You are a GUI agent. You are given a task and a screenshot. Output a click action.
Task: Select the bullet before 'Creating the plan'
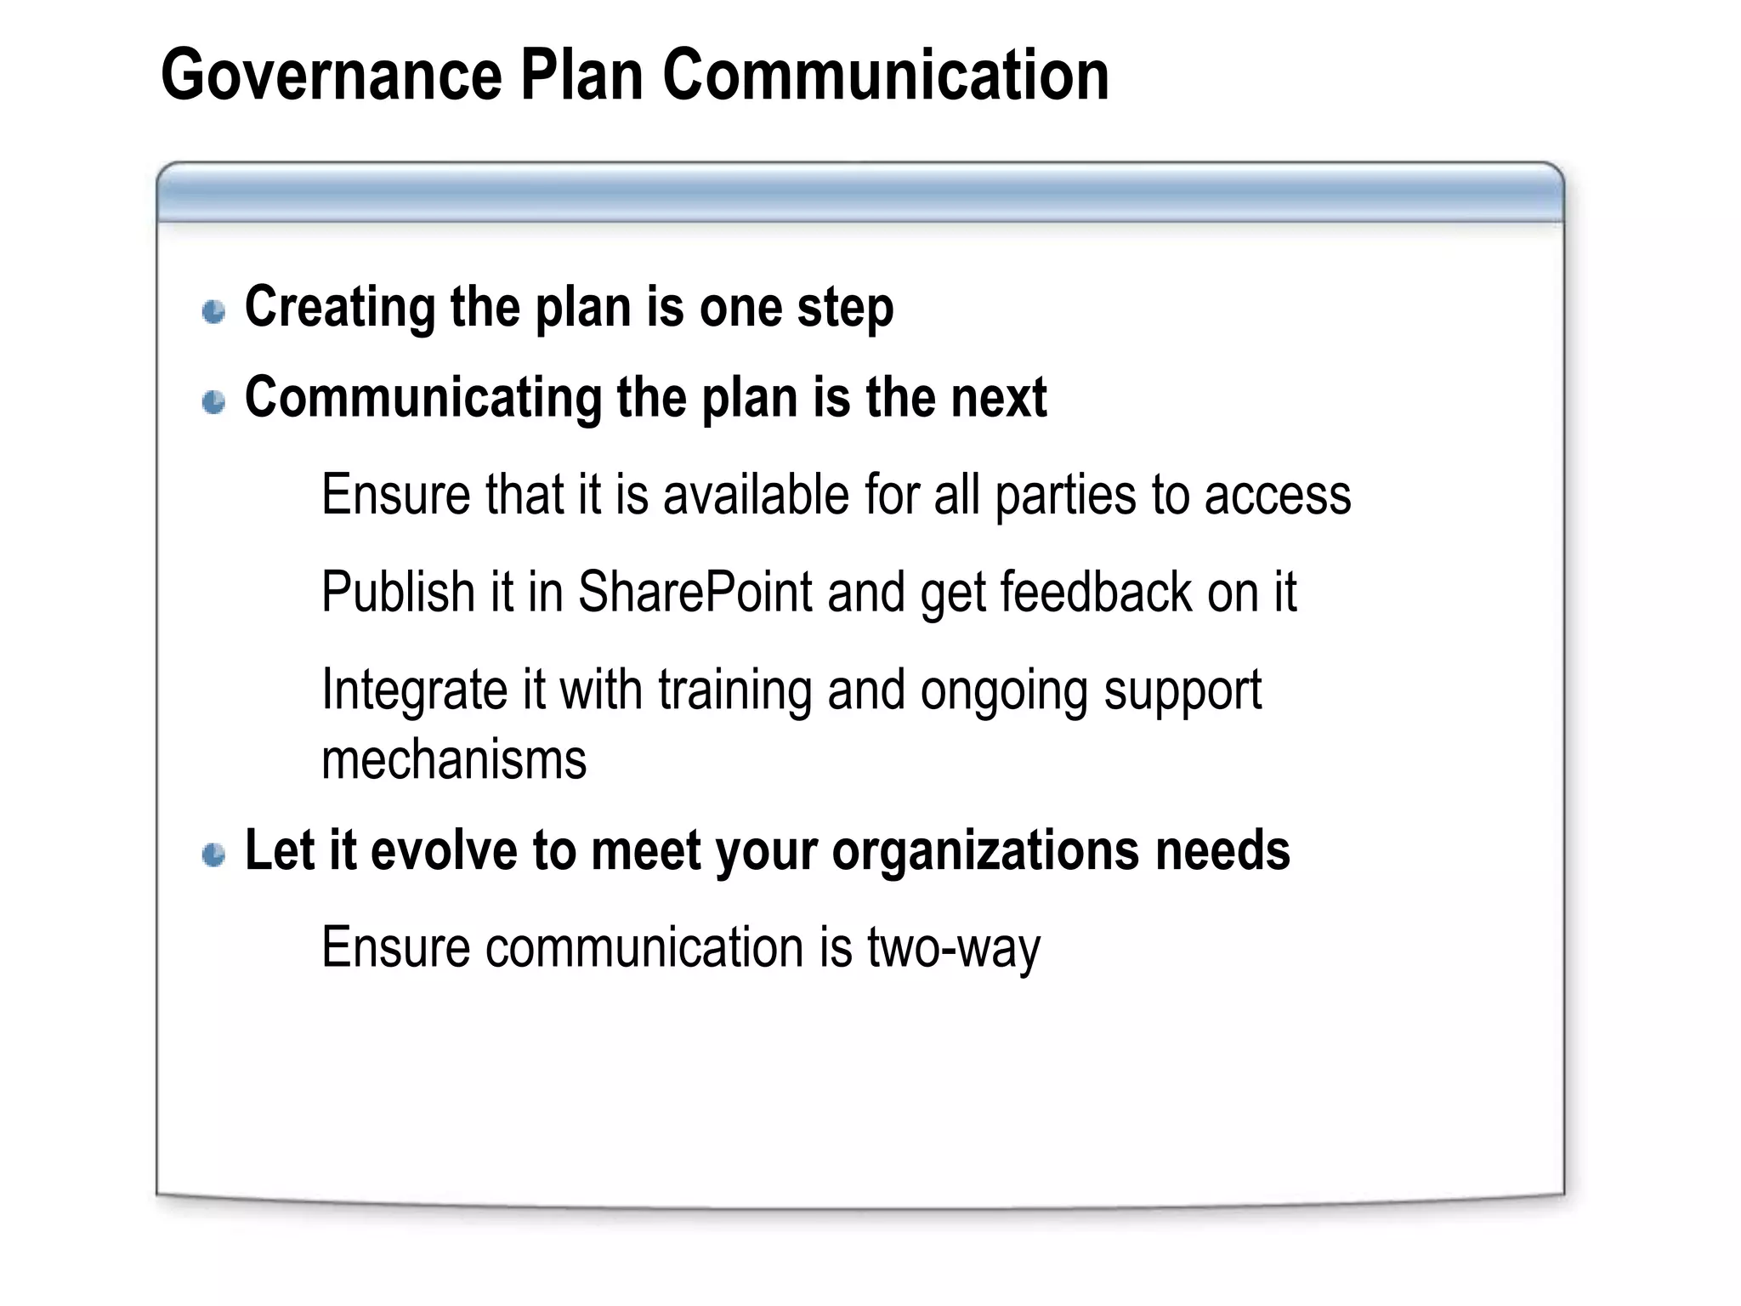pos(214,311)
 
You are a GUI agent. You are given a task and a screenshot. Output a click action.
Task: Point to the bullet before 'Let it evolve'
pos(214,855)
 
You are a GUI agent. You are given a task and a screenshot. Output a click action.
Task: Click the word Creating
pos(339,308)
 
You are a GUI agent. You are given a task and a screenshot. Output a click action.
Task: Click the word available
pos(756,495)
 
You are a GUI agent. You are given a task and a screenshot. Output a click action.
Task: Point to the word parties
pos(1065,497)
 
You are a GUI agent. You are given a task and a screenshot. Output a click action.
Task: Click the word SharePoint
pos(695,593)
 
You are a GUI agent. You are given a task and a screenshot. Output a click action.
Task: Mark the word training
pos(734,690)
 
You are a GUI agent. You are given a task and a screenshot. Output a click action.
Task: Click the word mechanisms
pos(454,760)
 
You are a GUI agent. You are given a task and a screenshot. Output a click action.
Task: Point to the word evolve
pos(444,850)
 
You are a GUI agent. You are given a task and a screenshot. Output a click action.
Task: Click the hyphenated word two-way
pos(953,949)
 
